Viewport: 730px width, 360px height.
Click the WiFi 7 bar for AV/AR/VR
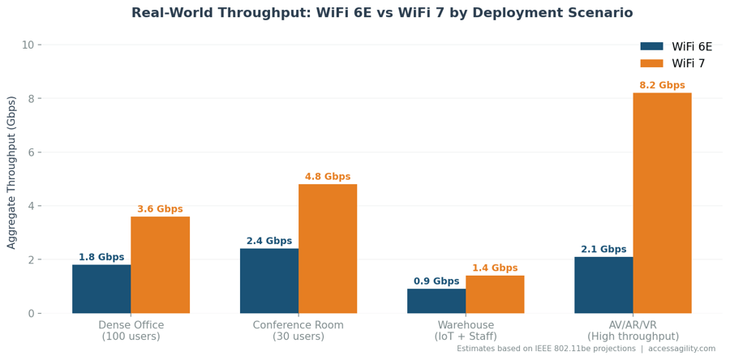click(662, 203)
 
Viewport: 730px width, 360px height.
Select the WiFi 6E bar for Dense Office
click(101, 289)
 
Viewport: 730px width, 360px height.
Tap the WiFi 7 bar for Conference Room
click(328, 248)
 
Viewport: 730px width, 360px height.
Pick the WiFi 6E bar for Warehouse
click(436, 301)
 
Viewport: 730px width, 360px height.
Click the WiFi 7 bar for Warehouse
click(495, 294)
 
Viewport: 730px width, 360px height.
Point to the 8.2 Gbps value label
click(662, 86)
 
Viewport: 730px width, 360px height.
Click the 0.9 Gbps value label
click(436, 281)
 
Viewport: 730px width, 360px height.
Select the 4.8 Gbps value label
click(328, 177)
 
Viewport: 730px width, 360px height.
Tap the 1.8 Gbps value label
click(101, 258)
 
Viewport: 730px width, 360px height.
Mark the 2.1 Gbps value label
click(603, 250)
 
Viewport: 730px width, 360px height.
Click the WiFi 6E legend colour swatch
click(651, 47)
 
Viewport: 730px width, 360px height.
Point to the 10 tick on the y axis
click(28, 45)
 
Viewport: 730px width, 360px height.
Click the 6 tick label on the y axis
click(31, 152)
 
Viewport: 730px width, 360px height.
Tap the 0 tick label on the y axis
click(31, 314)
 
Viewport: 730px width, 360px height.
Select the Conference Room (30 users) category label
click(298, 331)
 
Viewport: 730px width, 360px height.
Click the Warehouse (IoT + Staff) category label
click(466, 331)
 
